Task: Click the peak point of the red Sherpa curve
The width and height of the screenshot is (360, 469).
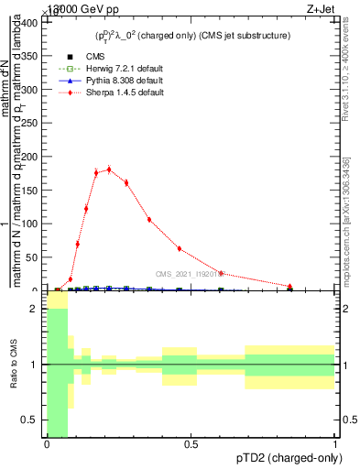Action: coord(109,169)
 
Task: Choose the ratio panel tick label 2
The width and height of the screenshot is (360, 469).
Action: coord(35,310)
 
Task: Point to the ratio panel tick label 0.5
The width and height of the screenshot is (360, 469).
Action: coord(30,420)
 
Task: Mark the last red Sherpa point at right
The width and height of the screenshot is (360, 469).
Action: coord(290,286)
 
